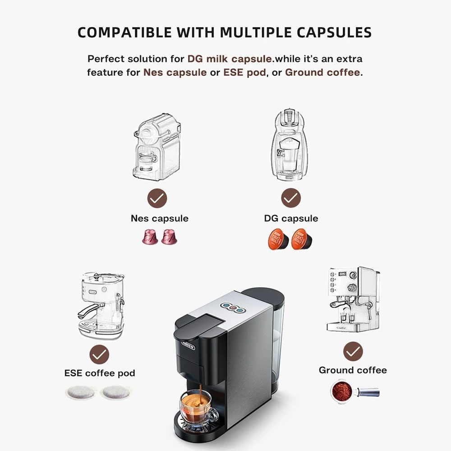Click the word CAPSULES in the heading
(334, 32)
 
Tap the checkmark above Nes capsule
(157, 198)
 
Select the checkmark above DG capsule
(291, 198)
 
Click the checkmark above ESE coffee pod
(99, 354)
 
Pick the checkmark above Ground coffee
(353, 351)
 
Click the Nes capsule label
(160, 218)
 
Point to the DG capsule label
(291, 218)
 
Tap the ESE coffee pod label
(100, 373)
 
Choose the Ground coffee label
(353, 370)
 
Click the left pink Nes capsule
(150, 237)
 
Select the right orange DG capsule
(302, 239)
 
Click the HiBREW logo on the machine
(189, 345)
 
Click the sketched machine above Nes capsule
(157, 147)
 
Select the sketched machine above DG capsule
(289, 145)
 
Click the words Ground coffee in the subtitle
(322, 72)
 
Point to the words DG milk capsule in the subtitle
(230, 59)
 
